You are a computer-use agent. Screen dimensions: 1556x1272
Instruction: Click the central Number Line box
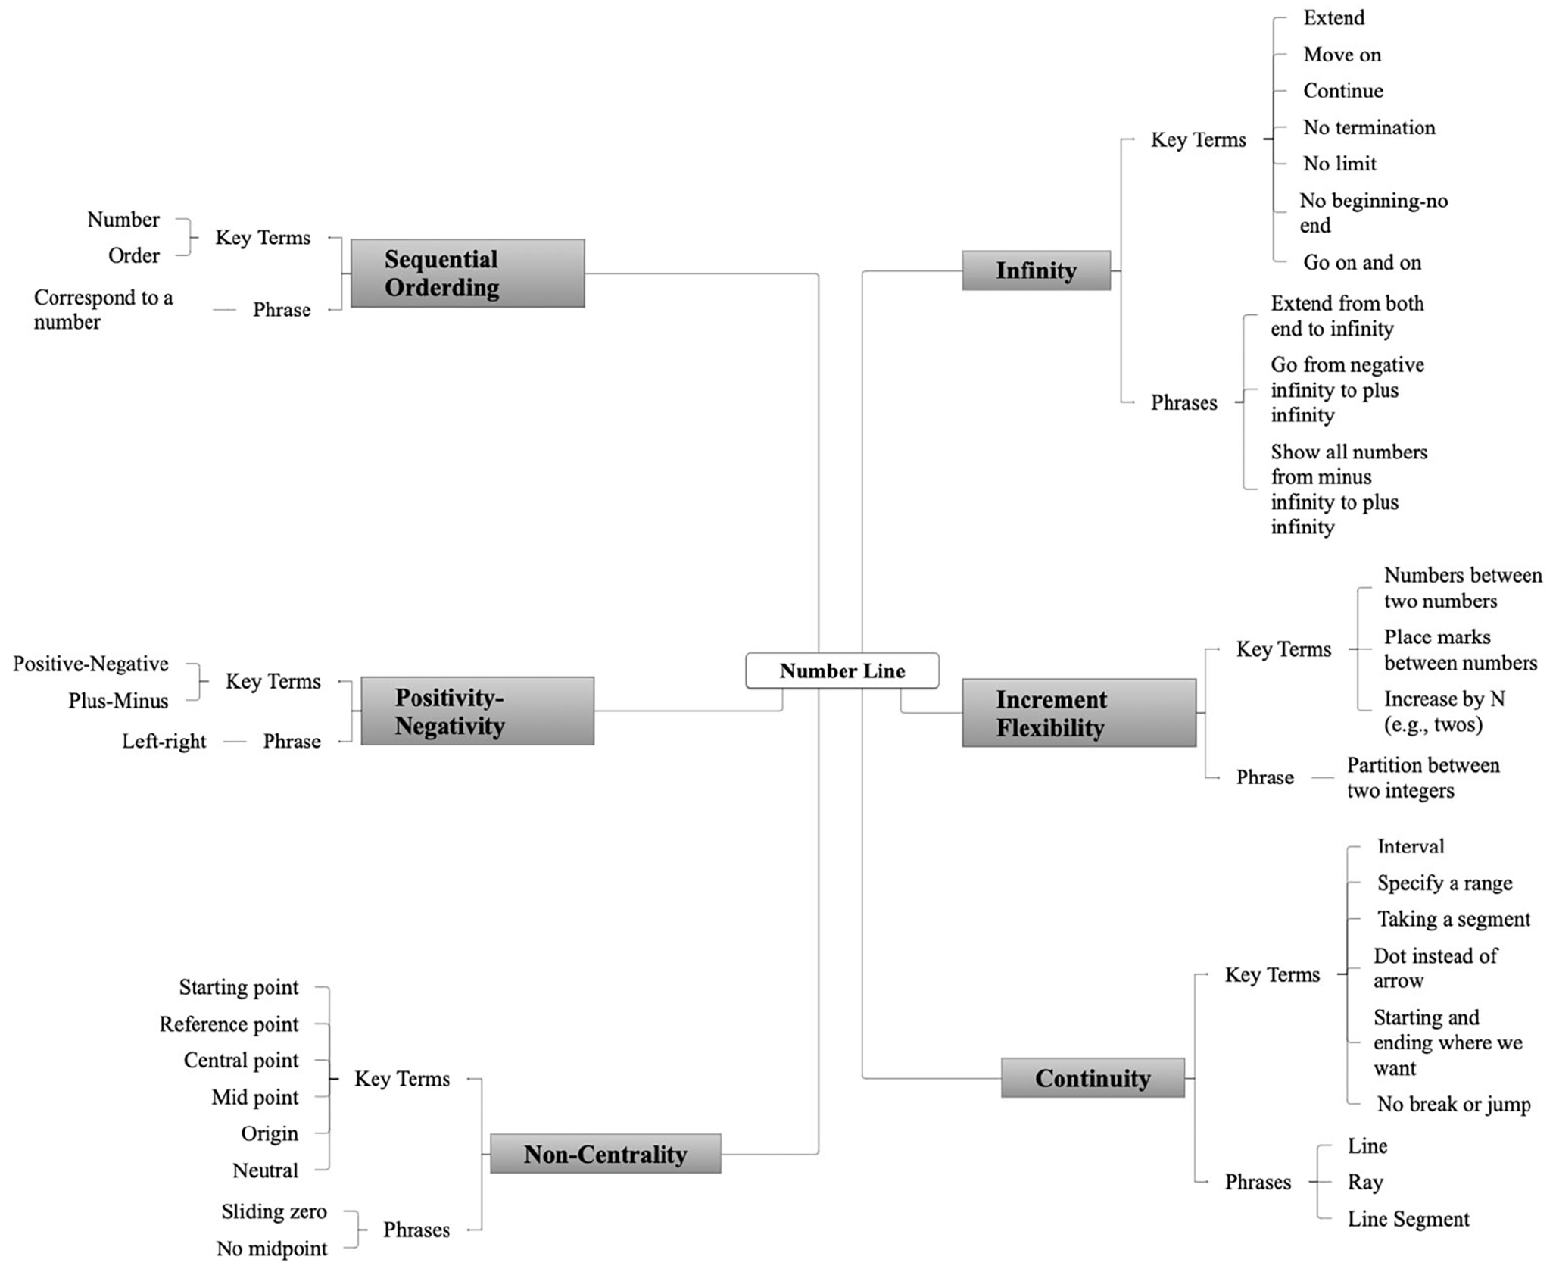(x=842, y=670)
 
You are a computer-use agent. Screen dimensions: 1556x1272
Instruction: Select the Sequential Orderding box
(x=467, y=273)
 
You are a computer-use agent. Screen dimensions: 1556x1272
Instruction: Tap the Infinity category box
(x=1036, y=270)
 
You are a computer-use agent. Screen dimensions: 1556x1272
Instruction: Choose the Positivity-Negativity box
(x=477, y=711)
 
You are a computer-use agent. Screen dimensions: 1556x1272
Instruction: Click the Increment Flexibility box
(x=1079, y=713)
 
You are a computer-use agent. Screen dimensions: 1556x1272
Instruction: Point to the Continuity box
(x=1093, y=1077)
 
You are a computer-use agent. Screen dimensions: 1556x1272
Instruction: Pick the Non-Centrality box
(x=605, y=1154)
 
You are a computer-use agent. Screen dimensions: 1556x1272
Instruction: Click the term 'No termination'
(x=1369, y=127)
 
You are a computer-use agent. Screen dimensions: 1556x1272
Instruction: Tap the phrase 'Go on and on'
(x=1362, y=262)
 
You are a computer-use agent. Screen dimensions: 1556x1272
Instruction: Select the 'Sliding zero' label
(x=274, y=1211)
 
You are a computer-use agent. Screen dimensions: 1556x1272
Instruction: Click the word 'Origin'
(x=270, y=1133)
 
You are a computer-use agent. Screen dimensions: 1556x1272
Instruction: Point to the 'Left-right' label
(x=164, y=741)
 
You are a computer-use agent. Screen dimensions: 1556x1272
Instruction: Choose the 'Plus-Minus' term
(x=118, y=700)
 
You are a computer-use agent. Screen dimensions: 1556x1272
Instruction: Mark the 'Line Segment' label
(x=1408, y=1219)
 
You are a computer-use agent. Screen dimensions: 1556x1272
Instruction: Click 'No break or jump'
(x=1454, y=1104)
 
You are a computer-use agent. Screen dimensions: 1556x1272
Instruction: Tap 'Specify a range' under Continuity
(x=1445, y=883)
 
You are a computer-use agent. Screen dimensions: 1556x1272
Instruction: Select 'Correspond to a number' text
(x=104, y=309)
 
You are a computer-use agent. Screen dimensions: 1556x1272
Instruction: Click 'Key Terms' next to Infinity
(x=1199, y=139)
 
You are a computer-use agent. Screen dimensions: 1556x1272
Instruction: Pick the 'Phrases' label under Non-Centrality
(x=416, y=1230)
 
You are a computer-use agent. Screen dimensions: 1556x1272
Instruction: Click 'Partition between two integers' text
(x=1423, y=777)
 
